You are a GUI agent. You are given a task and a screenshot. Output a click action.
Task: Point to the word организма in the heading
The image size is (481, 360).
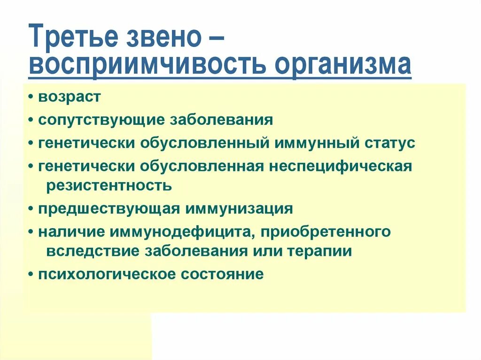(x=343, y=66)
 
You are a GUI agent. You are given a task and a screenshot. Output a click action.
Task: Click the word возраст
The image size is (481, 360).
(x=70, y=98)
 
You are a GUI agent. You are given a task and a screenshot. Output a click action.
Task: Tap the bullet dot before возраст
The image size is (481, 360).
(x=31, y=98)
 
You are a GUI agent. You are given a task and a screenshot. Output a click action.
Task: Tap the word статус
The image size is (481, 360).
(x=389, y=143)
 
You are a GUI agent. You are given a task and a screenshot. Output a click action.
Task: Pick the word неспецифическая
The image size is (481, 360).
(x=341, y=166)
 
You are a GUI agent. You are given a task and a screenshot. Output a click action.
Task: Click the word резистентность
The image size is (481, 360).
(x=109, y=185)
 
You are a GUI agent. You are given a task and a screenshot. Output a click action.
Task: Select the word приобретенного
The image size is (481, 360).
(x=326, y=232)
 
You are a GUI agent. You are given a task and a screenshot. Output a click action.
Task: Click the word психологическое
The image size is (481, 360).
(x=105, y=274)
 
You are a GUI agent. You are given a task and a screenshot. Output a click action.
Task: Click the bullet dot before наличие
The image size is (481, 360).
(x=31, y=232)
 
